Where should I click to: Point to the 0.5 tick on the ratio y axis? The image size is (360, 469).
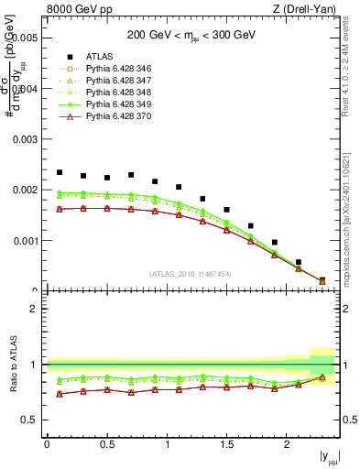coord(31,420)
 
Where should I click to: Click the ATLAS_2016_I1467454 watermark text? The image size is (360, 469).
coord(191,274)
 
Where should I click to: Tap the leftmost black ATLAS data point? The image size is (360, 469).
coord(60,172)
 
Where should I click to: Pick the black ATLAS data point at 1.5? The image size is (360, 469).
coord(226,210)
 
